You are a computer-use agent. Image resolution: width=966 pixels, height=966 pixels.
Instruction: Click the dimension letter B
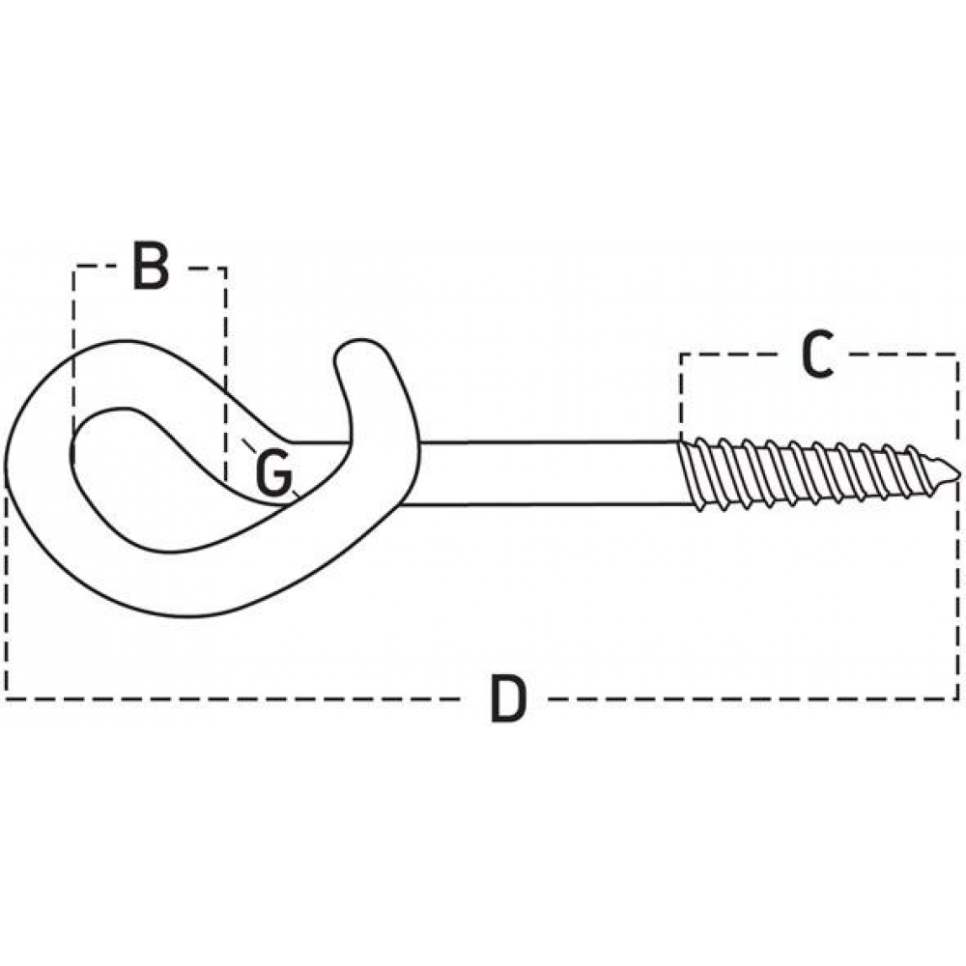[x=151, y=267]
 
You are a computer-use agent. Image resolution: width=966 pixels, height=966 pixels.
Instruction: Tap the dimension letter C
[x=817, y=354]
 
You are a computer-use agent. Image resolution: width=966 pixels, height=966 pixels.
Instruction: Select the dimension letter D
[x=508, y=698]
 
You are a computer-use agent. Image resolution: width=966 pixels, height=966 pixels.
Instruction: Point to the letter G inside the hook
[x=273, y=472]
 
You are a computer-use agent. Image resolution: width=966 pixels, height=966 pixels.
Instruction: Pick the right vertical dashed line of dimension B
[x=225, y=375]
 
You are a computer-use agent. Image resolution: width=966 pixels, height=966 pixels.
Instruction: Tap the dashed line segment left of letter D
[x=233, y=699]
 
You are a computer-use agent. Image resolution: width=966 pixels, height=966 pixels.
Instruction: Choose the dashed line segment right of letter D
[x=753, y=699]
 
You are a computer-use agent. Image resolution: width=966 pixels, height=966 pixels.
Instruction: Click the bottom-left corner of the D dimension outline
[x=6, y=699]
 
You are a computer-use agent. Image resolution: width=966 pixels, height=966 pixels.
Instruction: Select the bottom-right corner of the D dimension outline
[x=958, y=699]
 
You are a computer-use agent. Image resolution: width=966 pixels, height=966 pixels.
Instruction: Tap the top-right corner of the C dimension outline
[x=957, y=355]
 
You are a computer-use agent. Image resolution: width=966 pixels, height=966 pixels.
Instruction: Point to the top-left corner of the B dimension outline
[x=74, y=267]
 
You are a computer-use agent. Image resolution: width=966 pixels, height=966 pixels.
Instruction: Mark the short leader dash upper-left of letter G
[x=248, y=443]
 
